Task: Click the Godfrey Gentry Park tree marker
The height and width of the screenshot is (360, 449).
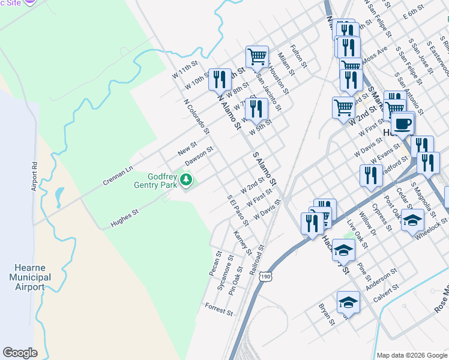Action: point(187,179)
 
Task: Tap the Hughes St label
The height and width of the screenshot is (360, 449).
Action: point(124,219)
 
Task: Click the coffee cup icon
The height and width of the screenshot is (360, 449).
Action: point(402,123)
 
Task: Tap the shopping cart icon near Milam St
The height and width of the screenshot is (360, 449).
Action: point(257,56)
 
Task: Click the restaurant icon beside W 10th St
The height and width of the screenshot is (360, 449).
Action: point(220,79)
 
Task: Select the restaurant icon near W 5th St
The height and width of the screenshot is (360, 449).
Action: point(256,109)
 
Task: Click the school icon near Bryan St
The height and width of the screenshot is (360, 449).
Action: point(348,302)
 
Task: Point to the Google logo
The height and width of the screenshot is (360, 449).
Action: point(20,353)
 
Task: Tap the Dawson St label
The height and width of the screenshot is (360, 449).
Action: point(199,157)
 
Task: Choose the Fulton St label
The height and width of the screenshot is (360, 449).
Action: point(298,56)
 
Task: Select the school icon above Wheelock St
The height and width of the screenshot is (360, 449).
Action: point(412,220)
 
